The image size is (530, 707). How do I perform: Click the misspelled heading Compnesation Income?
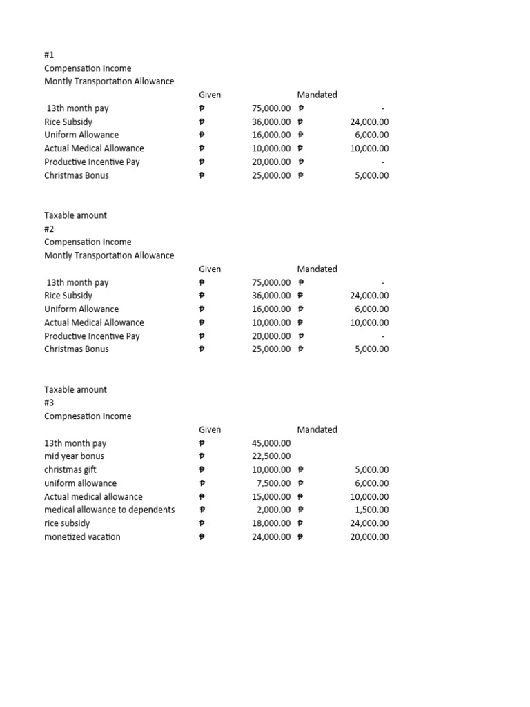point(88,416)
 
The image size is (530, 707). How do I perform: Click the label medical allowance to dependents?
point(110,510)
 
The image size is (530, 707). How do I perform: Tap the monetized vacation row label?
point(82,537)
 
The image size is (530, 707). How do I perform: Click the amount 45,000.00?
point(272,443)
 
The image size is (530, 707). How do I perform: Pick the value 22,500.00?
point(272,456)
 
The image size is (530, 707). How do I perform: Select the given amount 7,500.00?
point(274,483)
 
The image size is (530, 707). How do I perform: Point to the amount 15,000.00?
point(272,497)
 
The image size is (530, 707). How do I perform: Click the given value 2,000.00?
point(274,510)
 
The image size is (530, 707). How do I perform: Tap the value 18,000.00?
point(272,524)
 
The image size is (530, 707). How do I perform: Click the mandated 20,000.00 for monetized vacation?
point(370,537)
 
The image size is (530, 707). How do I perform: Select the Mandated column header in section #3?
point(317,429)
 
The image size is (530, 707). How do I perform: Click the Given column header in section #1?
point(210,95)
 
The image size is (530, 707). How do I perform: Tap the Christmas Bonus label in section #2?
point(77,349)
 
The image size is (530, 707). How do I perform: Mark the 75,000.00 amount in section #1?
point(272,108)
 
